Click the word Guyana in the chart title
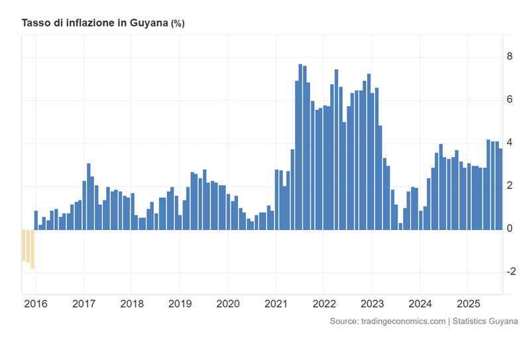148,23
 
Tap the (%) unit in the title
178,23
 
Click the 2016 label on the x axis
36,306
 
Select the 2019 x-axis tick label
180,306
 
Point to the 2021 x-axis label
276,306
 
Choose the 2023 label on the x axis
371,306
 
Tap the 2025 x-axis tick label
467,306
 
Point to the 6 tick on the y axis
509,100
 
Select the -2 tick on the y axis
510,272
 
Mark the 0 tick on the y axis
509,229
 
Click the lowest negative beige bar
32,249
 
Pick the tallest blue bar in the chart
300,147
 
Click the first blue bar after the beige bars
36,220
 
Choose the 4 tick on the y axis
509,143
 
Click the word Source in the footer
344,322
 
